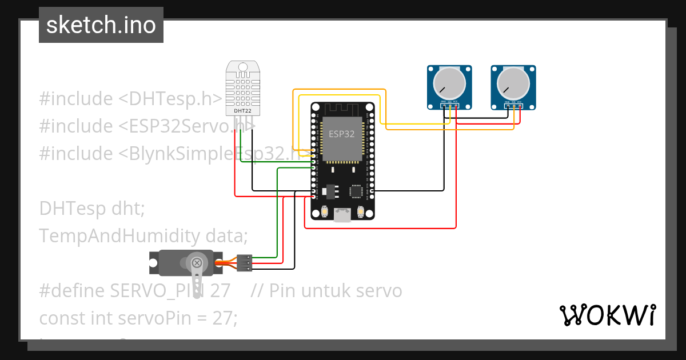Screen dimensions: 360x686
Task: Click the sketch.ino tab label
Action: tap(101, 25)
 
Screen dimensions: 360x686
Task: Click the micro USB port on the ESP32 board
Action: tap(342, 215)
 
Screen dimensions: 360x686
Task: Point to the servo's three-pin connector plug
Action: tap(245, 263)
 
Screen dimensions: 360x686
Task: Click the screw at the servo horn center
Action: tap(197, 263)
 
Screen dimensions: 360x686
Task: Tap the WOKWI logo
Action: tap(607, 315)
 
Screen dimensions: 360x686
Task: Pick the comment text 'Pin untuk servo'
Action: tap(335, 291)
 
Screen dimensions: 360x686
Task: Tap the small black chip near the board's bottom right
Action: tap(357, 190)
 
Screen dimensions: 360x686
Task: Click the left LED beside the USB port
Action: tap(324, 212)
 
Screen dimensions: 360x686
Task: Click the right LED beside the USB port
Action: tap(361, 212)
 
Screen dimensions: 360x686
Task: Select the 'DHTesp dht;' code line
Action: tap(91, 209)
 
